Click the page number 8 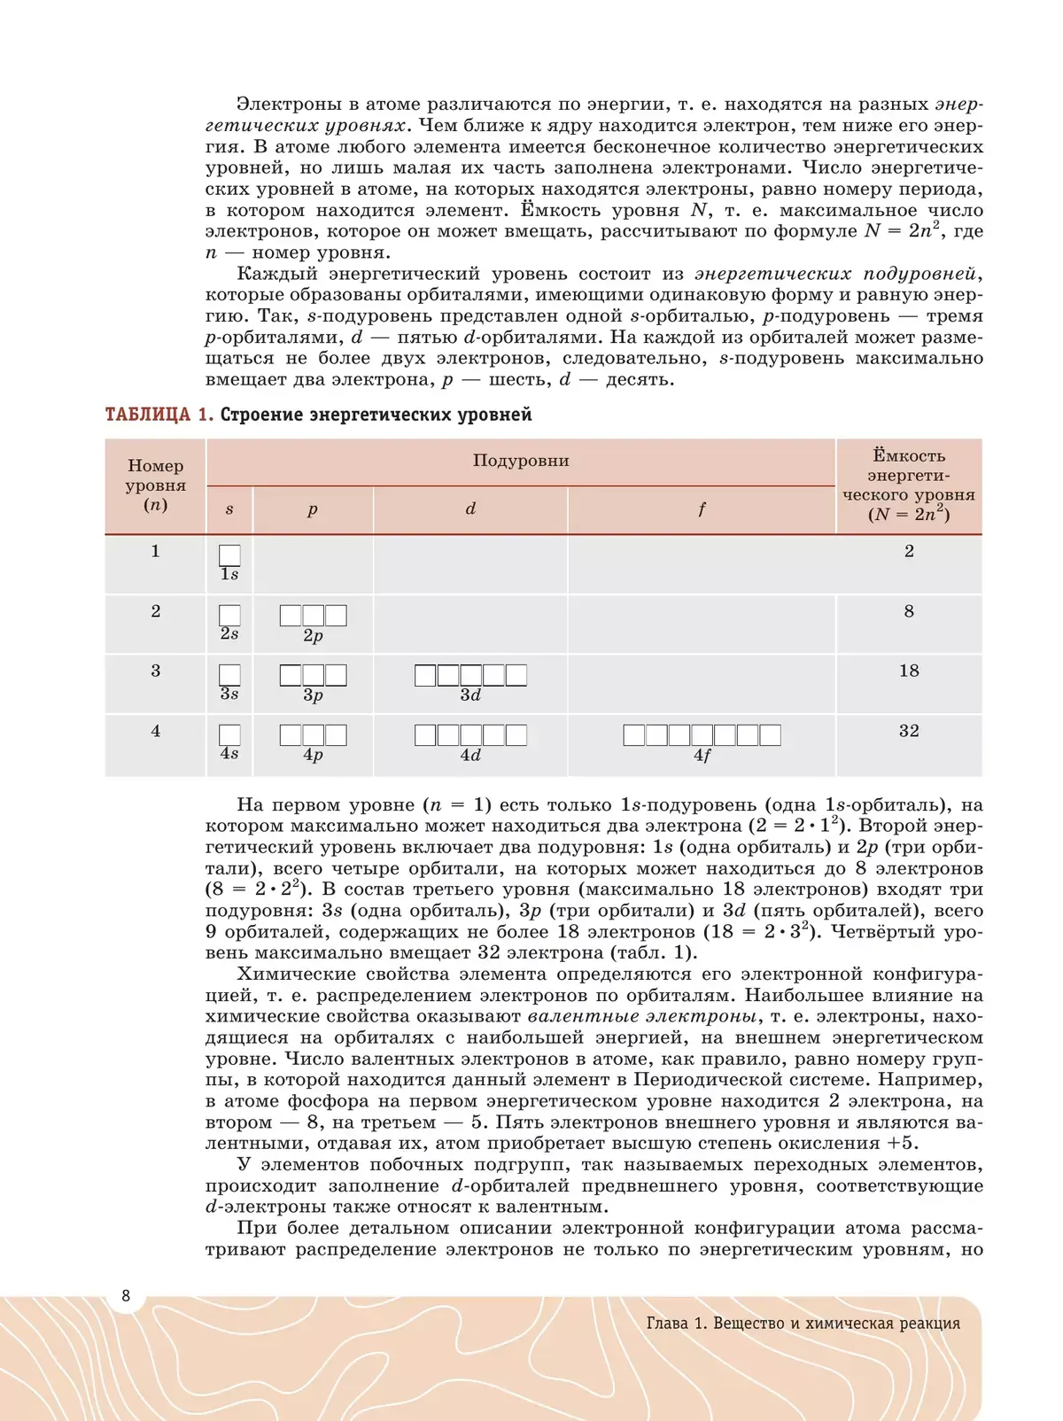point(126,1296)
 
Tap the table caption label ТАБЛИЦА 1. point(159,415)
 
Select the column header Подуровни point(521,461)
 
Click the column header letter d point(470,509)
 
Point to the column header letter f point(702,509)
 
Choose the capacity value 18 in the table point(909,671)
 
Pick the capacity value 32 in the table point(909,731)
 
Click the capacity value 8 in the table point(909,611)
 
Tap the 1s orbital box point(229,555)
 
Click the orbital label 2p point(313,636)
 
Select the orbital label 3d point(470,695)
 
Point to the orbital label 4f point(702,756)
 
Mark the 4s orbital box point(229,734)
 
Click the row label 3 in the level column point(156,671)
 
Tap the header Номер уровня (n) point(156,485)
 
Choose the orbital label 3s point(229,694)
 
